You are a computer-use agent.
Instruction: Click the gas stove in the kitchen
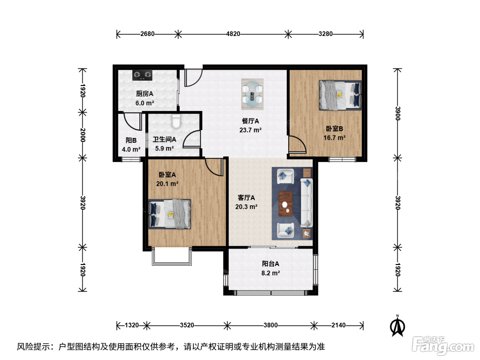pos(142,75)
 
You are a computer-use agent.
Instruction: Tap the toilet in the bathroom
pos(176,121)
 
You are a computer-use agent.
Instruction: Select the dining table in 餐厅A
pos(252,94)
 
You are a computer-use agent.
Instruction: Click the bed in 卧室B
pos(340,95)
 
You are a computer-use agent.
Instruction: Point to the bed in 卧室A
pos(169,214)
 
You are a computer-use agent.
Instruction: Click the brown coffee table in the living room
pos(286,204)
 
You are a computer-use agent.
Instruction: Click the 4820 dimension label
pos(233,34)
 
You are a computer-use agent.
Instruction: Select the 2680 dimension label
pos(147,34)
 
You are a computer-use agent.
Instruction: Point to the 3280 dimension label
pos(325,34)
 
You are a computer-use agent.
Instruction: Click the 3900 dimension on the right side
pos(398,113)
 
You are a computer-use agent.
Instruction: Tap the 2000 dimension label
pos(82,135)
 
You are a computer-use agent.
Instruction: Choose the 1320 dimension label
pos(132,325)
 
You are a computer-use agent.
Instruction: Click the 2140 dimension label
pos(338,325)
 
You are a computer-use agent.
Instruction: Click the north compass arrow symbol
pos(397,326)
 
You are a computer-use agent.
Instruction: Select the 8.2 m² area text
pos(271,273)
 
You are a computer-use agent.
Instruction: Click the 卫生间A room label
pos(165,139)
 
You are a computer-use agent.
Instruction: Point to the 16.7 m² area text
pos(335,138)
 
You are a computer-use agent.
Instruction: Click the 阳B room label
pos(131,140)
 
